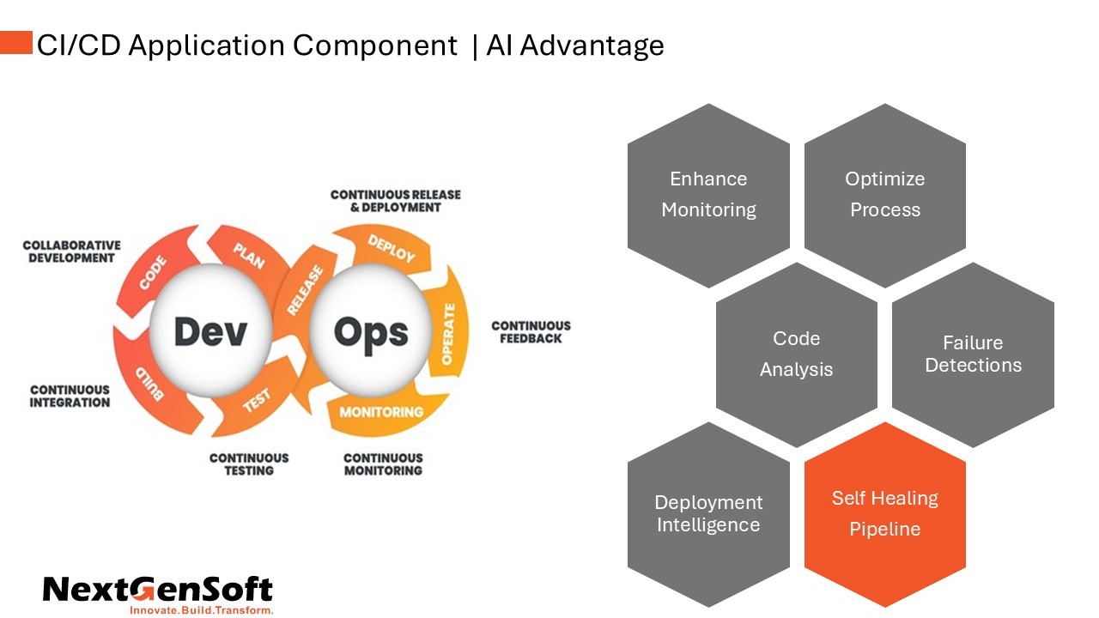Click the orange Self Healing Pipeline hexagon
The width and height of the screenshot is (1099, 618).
click(884, 513)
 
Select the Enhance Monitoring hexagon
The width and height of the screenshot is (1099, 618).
click(708, 195)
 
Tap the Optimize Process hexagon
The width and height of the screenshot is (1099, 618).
click(884, 195)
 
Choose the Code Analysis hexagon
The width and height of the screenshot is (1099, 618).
click(796, 354)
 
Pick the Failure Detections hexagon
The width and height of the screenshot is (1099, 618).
click(973, 354)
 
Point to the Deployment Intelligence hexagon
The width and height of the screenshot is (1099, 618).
click(708, 513)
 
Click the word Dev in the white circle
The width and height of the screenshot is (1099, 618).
click(210, 332)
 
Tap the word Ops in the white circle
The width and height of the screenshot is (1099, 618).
click(371, 332)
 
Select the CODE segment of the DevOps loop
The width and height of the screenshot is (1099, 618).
click(152, 274)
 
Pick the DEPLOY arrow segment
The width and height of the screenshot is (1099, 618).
click(392, 248)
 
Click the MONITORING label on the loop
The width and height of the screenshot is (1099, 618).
click(381, 412)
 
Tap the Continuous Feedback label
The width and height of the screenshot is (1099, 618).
click(531, 332)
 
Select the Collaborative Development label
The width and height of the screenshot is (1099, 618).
click(71, 251)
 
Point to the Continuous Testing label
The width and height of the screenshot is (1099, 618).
click(249, 464)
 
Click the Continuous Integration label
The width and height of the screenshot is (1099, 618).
click(70, 396)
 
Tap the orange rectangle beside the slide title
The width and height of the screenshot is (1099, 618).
click(16, 43)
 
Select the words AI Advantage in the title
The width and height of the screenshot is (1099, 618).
click(575, 45)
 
